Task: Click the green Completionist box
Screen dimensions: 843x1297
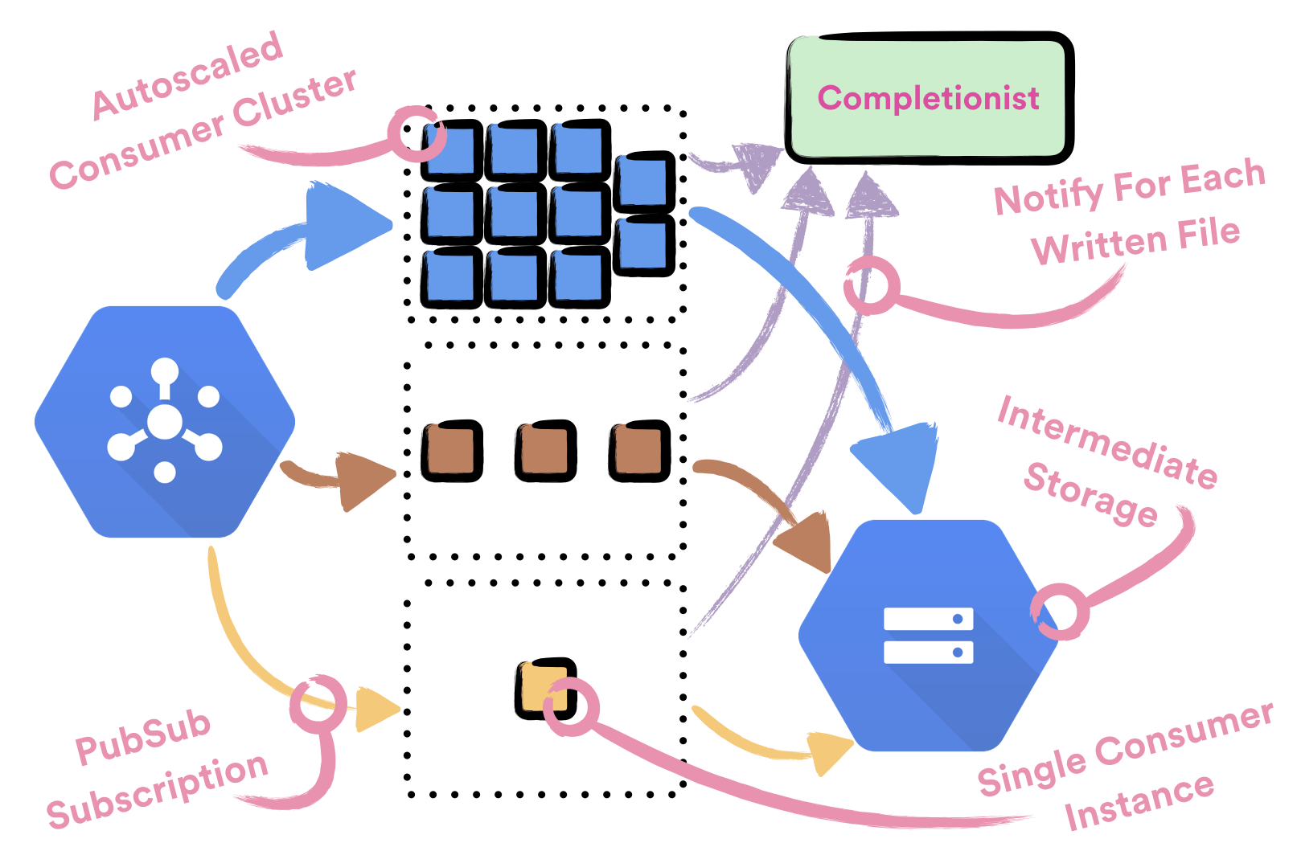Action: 929,98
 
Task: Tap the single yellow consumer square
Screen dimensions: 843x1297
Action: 545,688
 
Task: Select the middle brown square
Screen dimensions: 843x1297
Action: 545,451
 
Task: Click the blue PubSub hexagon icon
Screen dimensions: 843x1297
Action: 165,421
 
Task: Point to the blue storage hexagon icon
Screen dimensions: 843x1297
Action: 929,635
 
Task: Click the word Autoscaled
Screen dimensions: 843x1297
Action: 187,76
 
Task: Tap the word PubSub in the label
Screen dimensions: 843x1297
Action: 143,738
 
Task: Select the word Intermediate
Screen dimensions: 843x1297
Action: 1107,442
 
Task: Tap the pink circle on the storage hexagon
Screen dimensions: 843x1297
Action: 1061,612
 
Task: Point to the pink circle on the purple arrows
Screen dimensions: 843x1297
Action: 872,285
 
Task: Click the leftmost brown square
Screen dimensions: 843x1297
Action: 452,451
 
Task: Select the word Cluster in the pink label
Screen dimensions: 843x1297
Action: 294,103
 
